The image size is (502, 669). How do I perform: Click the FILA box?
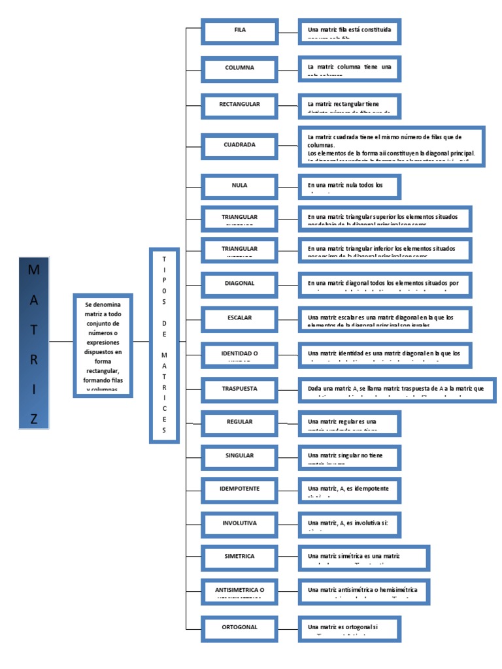coord(239,31)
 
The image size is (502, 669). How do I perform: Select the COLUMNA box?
coord(239,68)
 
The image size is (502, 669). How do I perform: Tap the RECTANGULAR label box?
coord(239,105)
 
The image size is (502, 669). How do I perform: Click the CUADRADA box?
coord(239,145)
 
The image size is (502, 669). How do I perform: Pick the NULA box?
coord(239,186)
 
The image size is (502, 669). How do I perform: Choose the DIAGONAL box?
coord(239,284)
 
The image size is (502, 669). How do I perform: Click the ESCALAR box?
coord(239,318)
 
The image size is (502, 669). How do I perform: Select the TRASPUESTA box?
coord(239,389)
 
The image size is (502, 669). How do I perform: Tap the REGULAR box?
coord(239,423)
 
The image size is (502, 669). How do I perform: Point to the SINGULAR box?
coord(239,456)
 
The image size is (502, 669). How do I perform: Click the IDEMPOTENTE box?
coord(239,489)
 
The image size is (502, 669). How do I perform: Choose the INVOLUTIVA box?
coord(239,524)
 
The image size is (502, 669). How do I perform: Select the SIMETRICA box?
coord(239,557)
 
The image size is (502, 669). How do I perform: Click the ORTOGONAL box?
coord(239,628)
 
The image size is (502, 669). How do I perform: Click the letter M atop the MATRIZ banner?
coord(34,270)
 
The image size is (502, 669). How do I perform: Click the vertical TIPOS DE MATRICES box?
coord(164,345)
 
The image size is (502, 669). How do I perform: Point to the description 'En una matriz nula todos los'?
coord(349,186)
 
